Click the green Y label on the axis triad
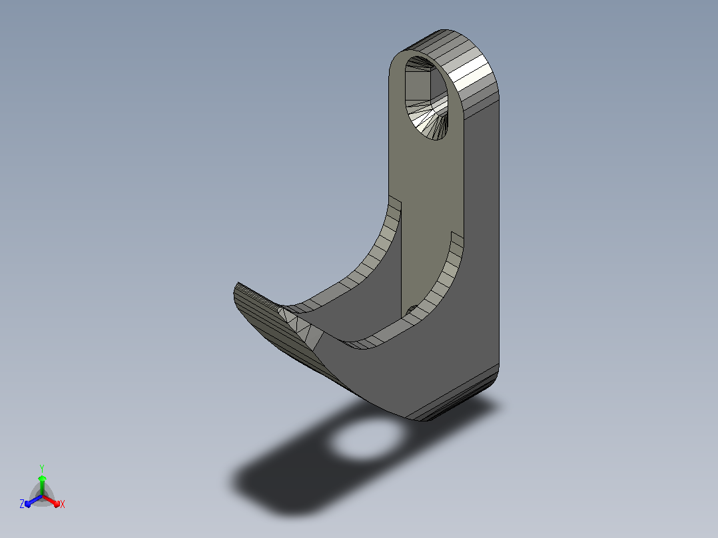click(42, 468)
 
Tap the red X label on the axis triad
click(63, 504)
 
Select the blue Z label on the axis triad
click(21, 503)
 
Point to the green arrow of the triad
click(42, 485)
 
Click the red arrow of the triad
click(51, 501)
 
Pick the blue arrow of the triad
click(33, 501)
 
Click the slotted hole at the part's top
click(426, 98)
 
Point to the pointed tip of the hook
click(238, 285)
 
